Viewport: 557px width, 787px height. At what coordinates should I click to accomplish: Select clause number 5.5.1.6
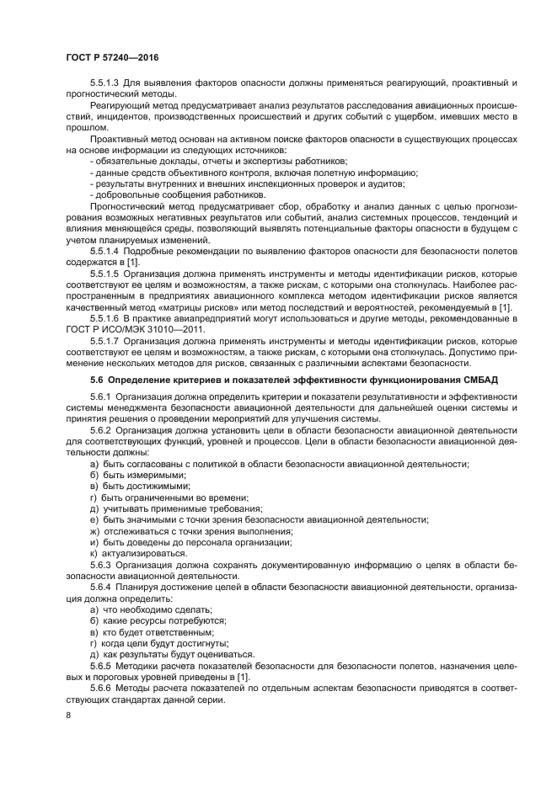tap(105, 318)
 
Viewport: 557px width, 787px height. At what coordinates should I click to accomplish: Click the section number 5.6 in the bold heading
tap(96, 380)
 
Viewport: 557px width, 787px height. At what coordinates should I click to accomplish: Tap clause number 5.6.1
tap(100, 397)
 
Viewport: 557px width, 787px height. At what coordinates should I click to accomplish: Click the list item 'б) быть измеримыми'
tap(126, 476)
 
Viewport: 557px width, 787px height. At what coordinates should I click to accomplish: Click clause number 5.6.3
tap(100, 565)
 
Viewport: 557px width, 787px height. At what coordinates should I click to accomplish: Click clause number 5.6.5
tap(100, 665)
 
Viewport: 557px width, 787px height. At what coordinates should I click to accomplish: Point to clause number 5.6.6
tap(100, 687)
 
